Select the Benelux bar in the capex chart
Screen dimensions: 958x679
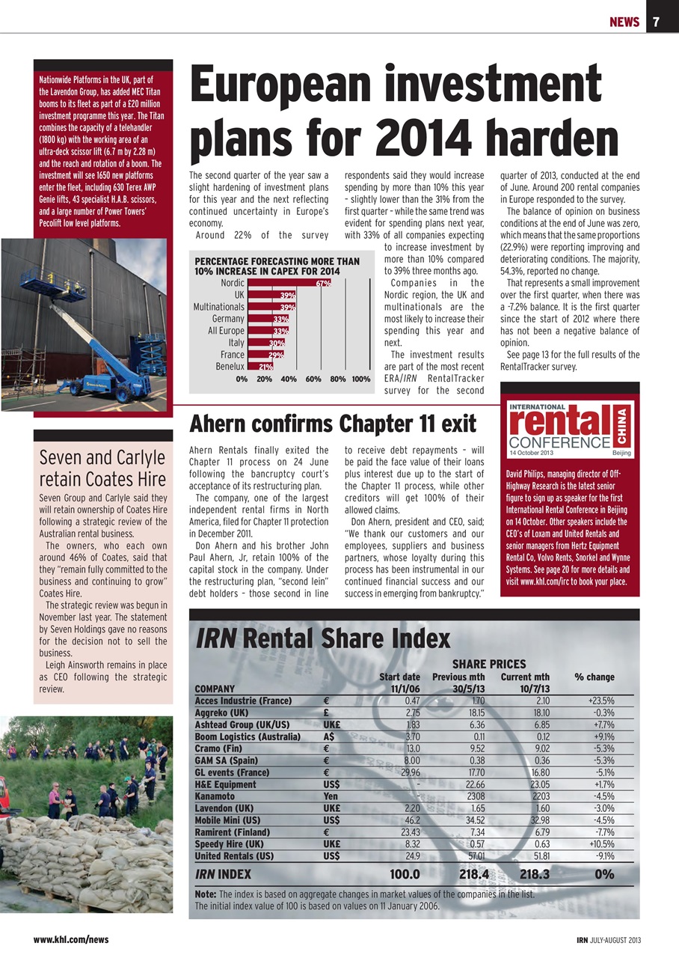click(259, 367)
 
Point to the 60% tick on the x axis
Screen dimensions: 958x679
click(313, 379)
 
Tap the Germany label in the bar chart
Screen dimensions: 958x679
click(228, 319)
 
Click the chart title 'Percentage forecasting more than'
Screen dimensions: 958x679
click(277, 261)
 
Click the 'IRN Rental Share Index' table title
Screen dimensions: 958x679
click(322, 638)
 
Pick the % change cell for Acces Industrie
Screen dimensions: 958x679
click(596, 701)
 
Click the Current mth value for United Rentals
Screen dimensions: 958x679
click(532, 855)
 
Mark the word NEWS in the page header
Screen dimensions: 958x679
click(623, 22)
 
